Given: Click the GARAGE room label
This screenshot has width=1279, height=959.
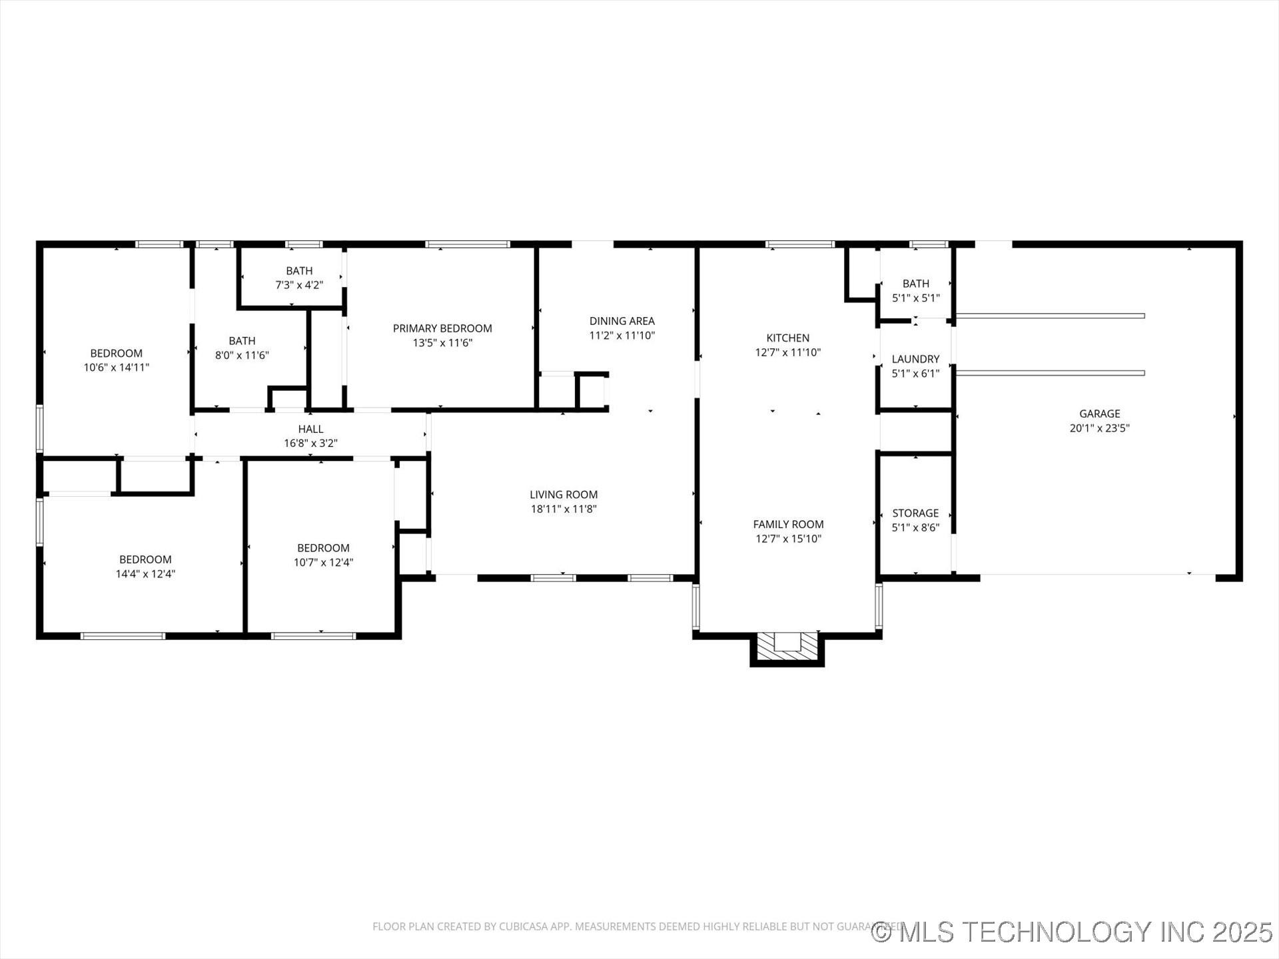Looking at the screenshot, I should point(1099,414).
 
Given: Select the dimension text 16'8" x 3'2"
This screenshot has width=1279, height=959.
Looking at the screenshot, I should point(310,444).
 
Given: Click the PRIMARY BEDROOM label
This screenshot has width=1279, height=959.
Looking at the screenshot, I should point(442,328).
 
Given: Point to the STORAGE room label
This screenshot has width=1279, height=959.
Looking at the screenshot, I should point(915,513).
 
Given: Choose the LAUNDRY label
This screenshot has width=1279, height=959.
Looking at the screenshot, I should point(915,359).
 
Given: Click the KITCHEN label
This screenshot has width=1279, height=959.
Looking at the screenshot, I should point(787,338).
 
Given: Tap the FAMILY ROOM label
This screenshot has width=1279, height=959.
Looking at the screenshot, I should point(788,524).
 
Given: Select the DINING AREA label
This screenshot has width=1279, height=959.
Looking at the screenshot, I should point(622,321).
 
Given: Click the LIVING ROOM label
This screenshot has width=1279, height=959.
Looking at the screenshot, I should point(564,494).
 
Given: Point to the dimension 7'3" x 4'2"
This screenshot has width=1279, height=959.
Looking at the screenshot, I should point(299,285).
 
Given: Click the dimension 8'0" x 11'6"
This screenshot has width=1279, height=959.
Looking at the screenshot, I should point(242,356).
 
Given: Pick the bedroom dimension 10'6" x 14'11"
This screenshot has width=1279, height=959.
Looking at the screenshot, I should point(117,368).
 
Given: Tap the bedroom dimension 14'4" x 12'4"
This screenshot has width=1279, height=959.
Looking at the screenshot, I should point(145,574).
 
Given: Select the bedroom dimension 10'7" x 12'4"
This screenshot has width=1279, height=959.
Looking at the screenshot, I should point(323,563).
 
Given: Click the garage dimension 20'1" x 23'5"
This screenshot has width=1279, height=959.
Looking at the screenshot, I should point(1099,428).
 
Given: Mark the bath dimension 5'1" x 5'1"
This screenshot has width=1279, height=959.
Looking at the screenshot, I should point(915,298).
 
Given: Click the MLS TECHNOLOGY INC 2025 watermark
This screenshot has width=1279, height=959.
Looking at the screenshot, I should point(1072,932).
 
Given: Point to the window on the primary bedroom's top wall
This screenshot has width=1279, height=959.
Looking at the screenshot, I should point(468,244).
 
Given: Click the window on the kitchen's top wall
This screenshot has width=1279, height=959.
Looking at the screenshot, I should point(799,244).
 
